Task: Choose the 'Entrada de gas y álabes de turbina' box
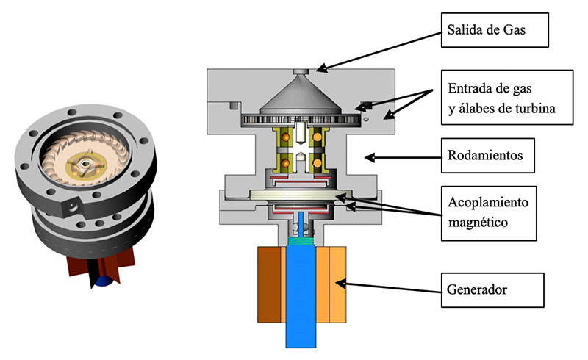507,99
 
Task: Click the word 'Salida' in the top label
465,30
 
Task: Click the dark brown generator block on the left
269,284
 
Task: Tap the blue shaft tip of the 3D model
104,280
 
